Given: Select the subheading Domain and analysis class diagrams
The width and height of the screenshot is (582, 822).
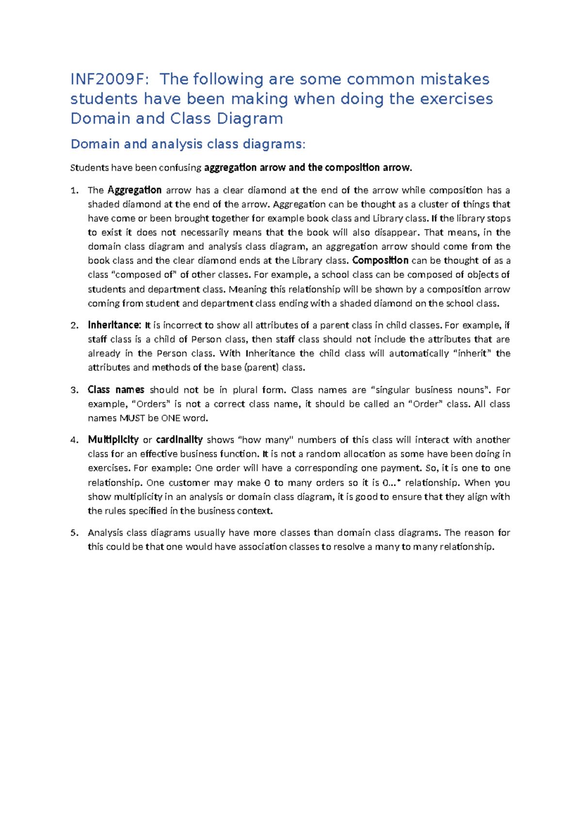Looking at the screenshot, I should tap(188, 144).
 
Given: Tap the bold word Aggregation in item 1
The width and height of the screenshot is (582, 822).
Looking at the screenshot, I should tap(134, 190).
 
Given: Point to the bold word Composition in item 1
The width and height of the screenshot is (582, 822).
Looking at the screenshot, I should tap(380, 261).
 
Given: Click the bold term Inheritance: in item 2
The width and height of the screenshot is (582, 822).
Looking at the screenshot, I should tap(114, 325).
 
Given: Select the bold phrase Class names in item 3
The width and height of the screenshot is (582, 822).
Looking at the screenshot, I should tap(116, 390).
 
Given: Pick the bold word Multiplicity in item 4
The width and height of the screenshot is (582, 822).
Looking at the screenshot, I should tap(113, 440).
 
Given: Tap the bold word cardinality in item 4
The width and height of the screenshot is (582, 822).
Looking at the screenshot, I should tap(179, 440).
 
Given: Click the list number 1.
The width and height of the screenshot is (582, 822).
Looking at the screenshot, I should tap(74, 190).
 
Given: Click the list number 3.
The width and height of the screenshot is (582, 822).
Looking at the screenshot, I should tap(74, 390).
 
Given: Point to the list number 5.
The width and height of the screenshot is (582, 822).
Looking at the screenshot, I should tap(74, 533).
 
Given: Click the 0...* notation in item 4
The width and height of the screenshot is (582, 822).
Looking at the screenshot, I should tap(392, 483).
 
